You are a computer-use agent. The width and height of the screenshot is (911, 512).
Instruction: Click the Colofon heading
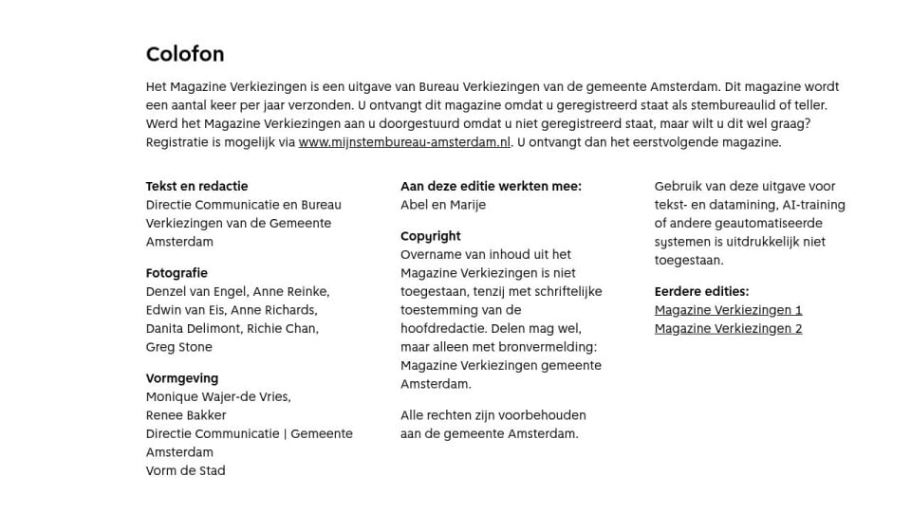coord(185,54)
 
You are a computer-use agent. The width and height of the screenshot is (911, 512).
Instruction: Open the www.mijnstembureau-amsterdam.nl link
coord(404,142)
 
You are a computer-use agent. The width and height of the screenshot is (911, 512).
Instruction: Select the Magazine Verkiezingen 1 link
coord(728,310)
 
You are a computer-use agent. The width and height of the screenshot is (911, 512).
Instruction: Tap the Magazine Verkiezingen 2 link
coord(728,329)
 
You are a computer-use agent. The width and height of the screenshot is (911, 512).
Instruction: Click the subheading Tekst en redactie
coord(196,186)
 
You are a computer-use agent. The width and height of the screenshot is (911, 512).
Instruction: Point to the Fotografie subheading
coord(177,273)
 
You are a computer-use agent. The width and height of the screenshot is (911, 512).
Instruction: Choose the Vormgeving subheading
coord(182,378)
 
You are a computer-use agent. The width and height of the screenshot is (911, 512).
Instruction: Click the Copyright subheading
coord(430,236)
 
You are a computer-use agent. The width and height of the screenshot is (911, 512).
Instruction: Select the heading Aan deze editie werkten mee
coord(491,186)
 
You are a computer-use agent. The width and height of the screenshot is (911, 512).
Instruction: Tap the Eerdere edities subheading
coord(701,291)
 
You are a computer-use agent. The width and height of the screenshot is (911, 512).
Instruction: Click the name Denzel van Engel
coord(195,292)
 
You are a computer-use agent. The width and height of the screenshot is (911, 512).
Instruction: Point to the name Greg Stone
coord(179,347)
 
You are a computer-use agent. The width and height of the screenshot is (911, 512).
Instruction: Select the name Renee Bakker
coord(186,415)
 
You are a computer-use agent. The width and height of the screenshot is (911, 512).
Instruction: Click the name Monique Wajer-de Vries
coord(218,397)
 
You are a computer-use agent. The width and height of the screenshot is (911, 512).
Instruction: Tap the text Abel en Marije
coord(443,205)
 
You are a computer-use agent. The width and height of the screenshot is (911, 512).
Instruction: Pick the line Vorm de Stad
coord(185,470)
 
